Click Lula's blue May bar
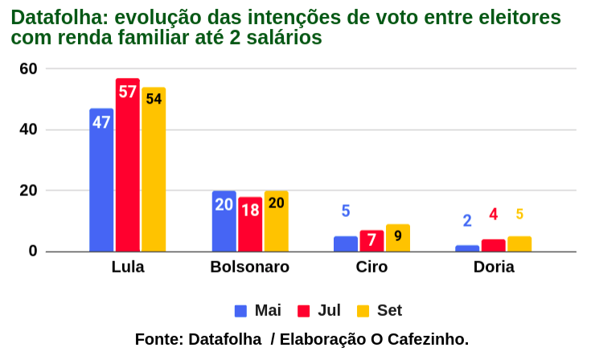[x=101, y=181]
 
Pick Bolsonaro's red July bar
[x=250, y=225]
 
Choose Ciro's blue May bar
[x=346, y=243]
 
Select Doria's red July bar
[x=494, y=245]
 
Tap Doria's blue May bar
[x=467, y=248]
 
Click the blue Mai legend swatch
[x=241, y=311]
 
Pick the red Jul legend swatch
[x=304, y=311]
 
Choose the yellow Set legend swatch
[x=363, y=311]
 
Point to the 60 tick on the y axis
[x=29, y=69]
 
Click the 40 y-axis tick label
[x=29, y=130]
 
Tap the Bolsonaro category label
[x=249, y=268]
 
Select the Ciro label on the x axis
[x=371, y=268]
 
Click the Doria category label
[x=494, y=268]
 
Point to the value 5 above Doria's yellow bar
[x=519, y=215]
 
